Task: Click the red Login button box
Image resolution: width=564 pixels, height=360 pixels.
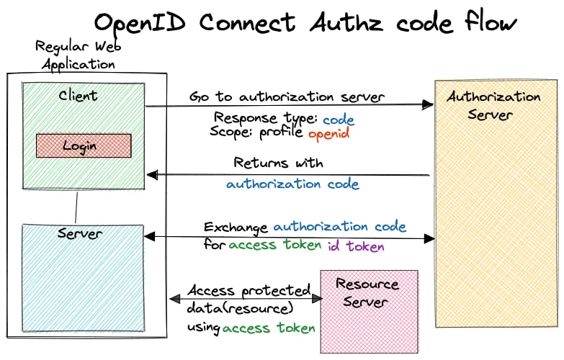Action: [x=84, y=145]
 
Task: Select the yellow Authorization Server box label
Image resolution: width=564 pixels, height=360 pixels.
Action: [x=493, y=105]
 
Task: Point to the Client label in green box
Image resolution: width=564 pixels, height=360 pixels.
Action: [x=78, y=95]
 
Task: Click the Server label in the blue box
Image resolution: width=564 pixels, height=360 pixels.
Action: [x=79, y=234]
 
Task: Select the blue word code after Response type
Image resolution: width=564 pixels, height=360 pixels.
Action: [x=338, y=120]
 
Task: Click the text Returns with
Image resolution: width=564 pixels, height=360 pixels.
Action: [x=278, y=163]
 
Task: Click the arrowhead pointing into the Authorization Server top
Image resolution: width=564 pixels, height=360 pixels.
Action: [x=429, y=105]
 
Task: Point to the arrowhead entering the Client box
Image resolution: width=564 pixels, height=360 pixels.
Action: [x=151, y=175]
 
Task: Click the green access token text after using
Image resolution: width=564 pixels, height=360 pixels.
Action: [x=269, y=328]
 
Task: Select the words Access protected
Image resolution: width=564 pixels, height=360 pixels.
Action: [x=249, y=291]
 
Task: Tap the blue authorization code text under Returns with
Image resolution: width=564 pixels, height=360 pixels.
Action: [x=292, y=184]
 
